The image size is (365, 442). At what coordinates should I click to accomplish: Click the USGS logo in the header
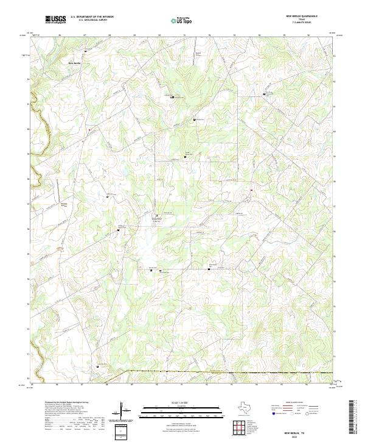55,20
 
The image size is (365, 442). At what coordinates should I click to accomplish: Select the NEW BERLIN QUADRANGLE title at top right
301,16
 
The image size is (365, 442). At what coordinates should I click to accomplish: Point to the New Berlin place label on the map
74,63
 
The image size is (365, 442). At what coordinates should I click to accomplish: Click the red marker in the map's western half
88,129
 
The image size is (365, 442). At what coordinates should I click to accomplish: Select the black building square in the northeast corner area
264,94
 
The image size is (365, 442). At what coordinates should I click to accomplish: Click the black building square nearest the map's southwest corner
98,366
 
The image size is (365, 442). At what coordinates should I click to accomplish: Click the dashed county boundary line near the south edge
231,371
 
